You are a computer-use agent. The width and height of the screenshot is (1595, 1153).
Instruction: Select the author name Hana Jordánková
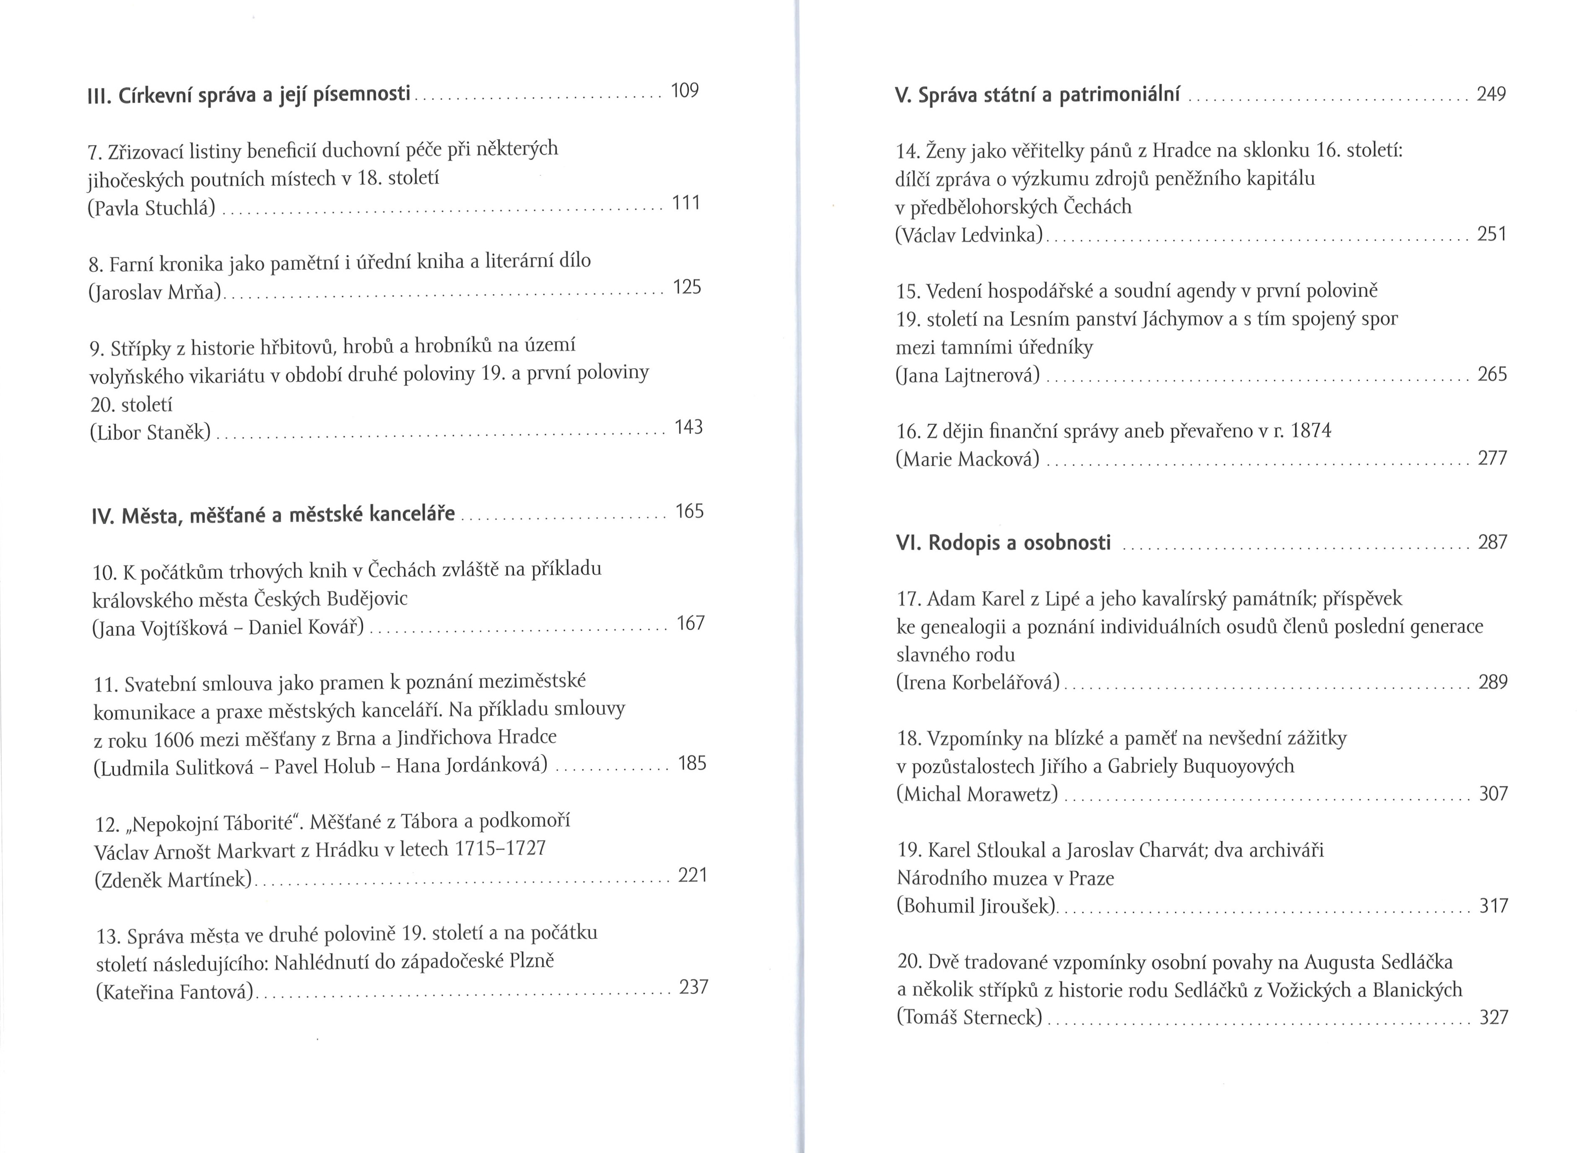471,765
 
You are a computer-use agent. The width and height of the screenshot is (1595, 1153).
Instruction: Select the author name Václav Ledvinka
969,235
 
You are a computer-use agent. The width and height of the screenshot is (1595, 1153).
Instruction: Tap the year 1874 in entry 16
1311,430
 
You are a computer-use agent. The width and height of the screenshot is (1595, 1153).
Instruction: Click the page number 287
1493,542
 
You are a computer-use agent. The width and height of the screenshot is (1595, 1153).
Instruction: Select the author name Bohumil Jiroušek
976,906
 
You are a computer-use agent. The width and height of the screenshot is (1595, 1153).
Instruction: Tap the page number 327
1494,1017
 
